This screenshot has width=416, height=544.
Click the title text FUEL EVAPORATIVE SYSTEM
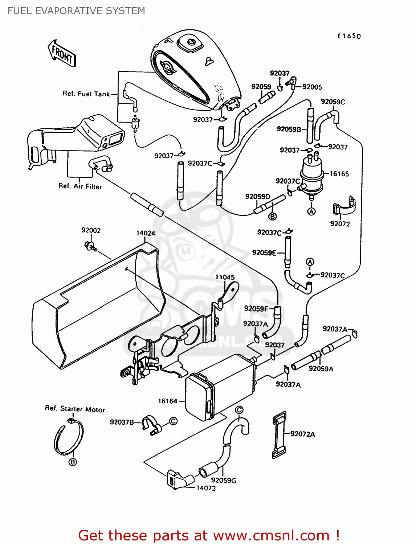[76, 11]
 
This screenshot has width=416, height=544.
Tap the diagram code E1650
[349, 36]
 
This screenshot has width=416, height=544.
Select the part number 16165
[339, 174]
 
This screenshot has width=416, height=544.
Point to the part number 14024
[145, 233]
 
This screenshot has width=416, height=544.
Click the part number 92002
[91, 230]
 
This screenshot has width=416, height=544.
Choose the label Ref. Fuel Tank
[86, 94]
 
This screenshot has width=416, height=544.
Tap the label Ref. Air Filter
[80, 186]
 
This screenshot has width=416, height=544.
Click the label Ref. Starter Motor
[75, 409]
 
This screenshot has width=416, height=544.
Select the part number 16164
[167, 401]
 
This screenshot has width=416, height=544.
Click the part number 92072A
[302, 434]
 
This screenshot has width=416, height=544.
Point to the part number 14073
[206, 488]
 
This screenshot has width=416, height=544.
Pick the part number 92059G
[224, 480]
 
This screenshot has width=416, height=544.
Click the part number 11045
[225, 277]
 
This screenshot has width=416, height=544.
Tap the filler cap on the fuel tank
[189, 44]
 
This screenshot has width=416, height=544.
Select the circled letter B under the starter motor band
[73, 462]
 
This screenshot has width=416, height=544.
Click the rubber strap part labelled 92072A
[279, 434]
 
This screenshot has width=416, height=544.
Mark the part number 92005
[312, 87]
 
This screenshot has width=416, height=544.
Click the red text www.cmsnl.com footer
[209, 535]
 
